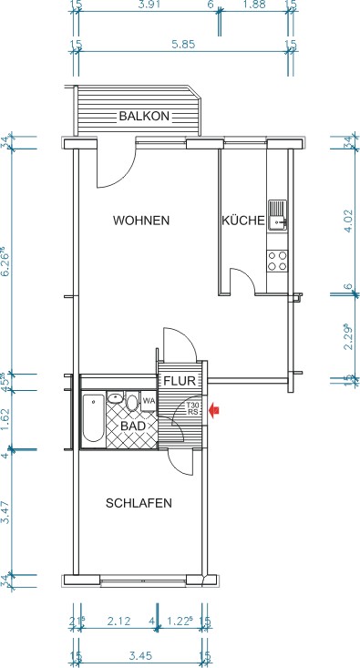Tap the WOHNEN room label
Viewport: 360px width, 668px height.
pos(141,221)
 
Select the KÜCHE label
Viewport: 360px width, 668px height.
pos(242,221)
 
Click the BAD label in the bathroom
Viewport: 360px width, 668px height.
pos(132,426)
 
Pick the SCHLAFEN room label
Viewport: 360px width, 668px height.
pos(139,503)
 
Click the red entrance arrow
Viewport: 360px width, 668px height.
pos(214,410)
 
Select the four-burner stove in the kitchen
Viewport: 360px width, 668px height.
pos(276,260)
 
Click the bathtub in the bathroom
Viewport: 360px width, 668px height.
pos(93,418)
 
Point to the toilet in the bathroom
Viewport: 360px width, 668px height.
pos(133,402)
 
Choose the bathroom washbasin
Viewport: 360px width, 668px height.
pos(115,398)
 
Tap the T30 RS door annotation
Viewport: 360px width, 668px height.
pos(192,408)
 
